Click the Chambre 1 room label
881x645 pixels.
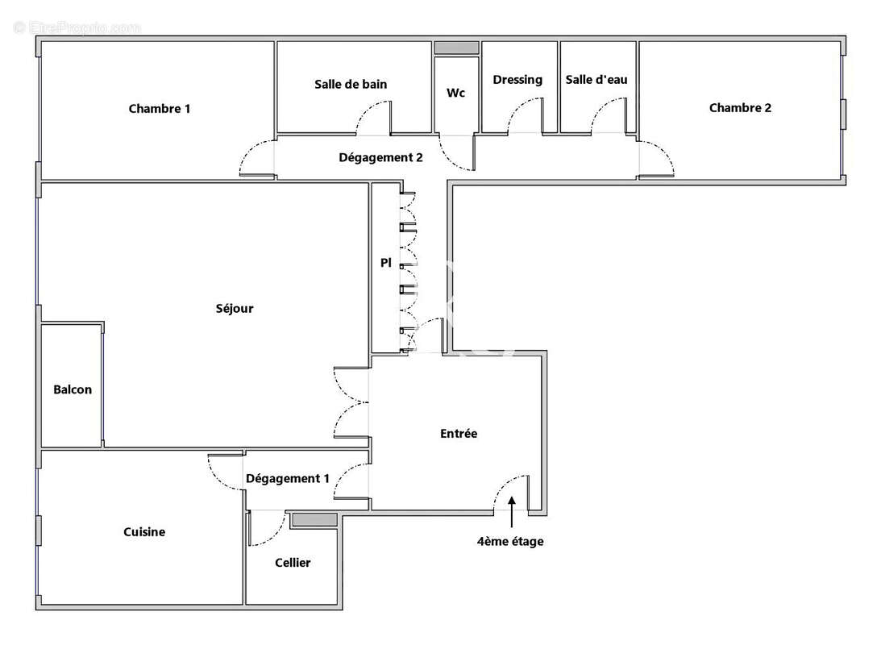[160, 109]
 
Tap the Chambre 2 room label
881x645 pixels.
[740, 108]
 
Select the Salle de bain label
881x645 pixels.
[351, 84]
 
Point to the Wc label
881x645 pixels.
[455, 93]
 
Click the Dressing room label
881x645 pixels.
[517, 80]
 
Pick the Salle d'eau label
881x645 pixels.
[596, 80]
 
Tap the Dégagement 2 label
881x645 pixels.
[380, 158]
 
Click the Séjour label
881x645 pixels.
[235, 309]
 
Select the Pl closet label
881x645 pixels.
[386, 263]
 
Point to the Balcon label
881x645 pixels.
[73, 389]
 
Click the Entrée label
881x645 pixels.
[459, 434]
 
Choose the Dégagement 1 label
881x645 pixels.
[288, 478]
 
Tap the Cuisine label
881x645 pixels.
[144, 532]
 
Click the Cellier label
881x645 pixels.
[293, 563]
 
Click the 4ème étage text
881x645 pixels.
[510, 542]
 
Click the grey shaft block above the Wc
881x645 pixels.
[456, 48]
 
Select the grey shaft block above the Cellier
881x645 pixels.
[314, 520]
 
